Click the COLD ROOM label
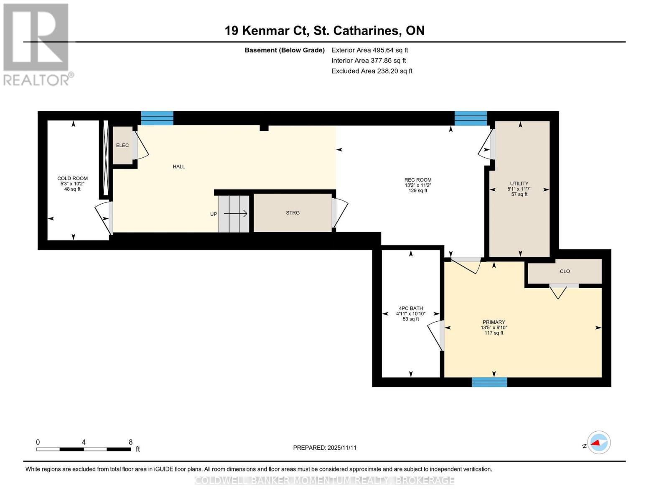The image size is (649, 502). click(x=72, y=179)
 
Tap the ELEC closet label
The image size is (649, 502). click(x=122, y=146)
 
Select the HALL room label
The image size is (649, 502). click(x=179, y=166)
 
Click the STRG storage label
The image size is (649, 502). click(x=293, y=213)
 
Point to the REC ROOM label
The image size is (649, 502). click(x=418, y=180)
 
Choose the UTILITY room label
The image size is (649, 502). click(x=519, y=184)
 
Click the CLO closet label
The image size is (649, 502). click(x=565, y=271)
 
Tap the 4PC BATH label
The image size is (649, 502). click(x=411, y=308)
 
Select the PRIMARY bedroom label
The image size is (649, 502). click(x=494, y=323)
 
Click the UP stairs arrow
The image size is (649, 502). click(x=236, y=214)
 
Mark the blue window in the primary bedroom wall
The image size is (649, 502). click(x=489, y=382)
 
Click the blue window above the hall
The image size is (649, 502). click(x=157, y=118)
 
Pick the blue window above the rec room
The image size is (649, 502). click(x=471, y=118)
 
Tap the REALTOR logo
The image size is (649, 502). click(x=37, y=44)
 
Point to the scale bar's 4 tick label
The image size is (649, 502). click(x=84, y=442)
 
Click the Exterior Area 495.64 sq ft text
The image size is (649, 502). click(x=369, y=50)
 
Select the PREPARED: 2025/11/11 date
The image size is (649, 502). click(x=325, y=448)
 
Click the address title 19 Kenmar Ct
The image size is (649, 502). click(x=324, y=31)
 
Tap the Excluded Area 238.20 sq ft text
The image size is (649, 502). click(x=372, y=71)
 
